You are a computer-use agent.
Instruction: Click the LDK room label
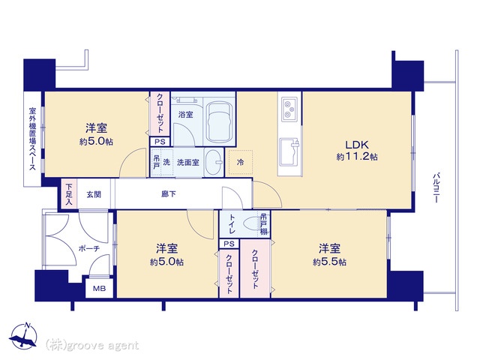click(357, 145)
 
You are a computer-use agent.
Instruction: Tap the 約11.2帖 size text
click(357, 157)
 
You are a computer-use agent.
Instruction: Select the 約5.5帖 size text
click(329, 262)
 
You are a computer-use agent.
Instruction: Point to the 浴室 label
click(185, 115)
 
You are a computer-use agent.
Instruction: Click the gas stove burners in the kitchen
click(289, 109)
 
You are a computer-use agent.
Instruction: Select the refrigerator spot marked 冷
click(241, 162)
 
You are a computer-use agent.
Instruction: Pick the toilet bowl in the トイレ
click(252, 224)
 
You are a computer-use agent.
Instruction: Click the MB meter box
click(100, 288)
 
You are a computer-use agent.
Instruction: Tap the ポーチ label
click(89, 248)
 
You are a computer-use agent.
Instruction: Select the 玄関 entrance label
click(94, 194)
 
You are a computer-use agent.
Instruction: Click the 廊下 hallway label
click(168, 193)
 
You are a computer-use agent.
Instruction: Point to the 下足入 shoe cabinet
click(69, 194)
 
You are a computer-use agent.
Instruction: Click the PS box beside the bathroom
click(160, 142)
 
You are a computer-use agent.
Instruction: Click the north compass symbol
click(23, 335)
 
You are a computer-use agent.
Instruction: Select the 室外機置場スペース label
click(32, 138)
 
